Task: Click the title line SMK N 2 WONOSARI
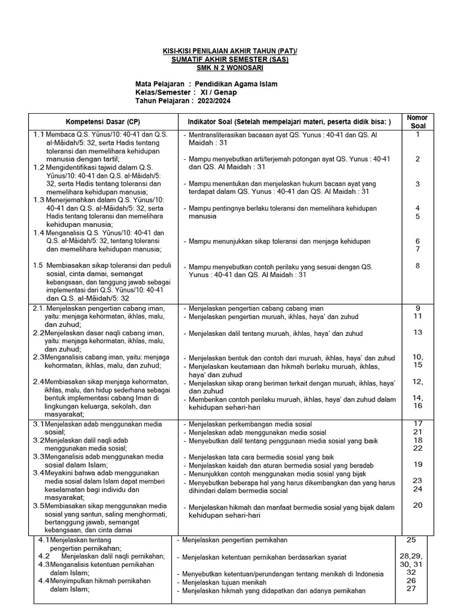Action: pyautogui.click(x=229, y=68)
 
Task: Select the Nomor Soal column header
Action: pyautogui.click(x=417, y=122)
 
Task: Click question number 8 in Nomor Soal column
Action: pyautogui.click(x=417, y=266)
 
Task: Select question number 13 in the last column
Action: pyautogui.click(x=417, y=332)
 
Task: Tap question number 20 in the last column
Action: pyautogui.click(x=417, y=505)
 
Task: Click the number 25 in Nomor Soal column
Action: pyautogui.click(x=411, y=539)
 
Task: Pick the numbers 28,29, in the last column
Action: pyautogui.click(x=411, y=556)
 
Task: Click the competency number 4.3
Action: pyautogui.click(x=44, y=565)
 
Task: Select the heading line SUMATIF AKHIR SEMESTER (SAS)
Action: pyautogui.click(x=229, y=59)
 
